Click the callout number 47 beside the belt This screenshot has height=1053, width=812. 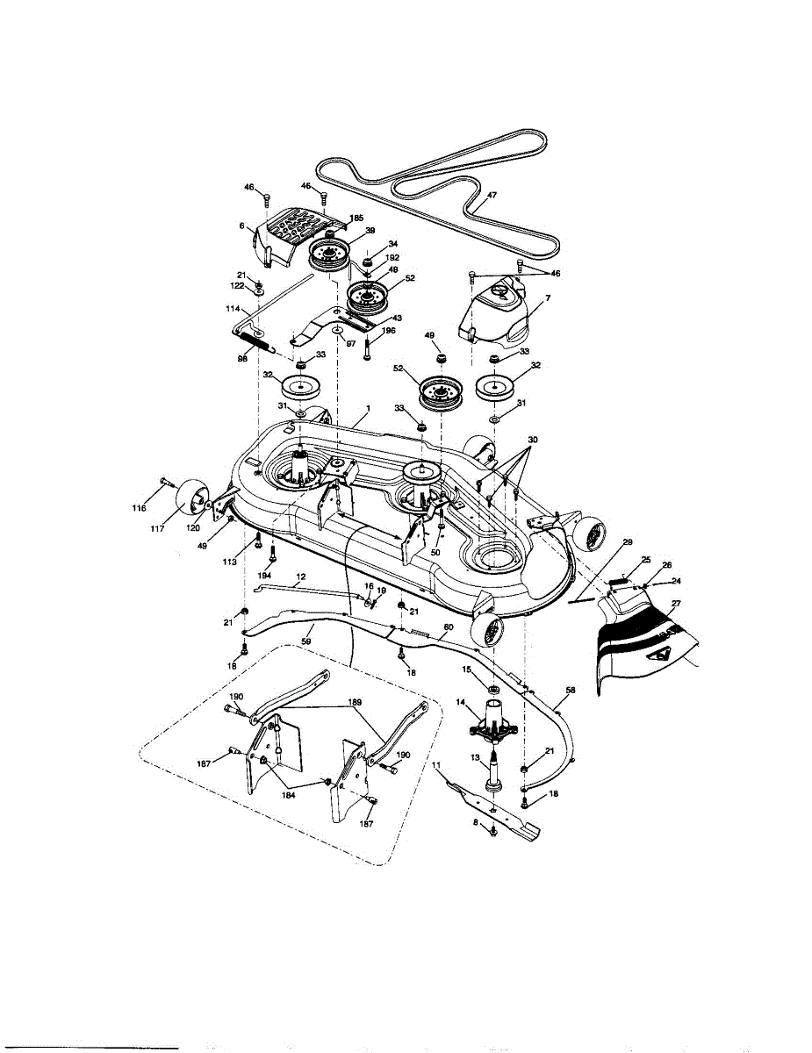[x=491, y=194]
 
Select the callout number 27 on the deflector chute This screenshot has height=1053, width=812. [x=675, y=603]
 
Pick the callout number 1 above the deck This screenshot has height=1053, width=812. [x=368, y=409]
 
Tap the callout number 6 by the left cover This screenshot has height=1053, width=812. [x=241, y=226]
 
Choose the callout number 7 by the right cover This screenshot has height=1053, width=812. [x=546, y=300]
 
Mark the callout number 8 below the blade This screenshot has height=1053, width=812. [x=477, y=822]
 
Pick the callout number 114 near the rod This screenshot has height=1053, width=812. [x=233, y=308]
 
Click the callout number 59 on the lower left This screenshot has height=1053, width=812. [x=306, y=641]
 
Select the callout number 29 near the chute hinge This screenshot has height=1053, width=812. [x=627, y=545]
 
